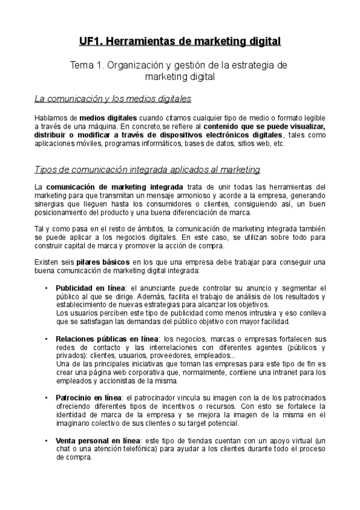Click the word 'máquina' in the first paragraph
click(100, 127)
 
